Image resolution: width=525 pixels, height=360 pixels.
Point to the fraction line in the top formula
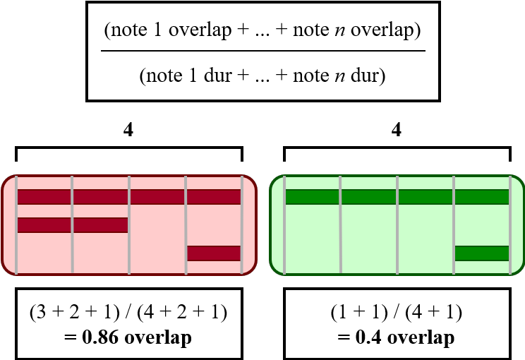pyautogui.click(x=262, y=51)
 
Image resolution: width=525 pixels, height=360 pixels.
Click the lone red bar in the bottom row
pyautogui.click(x=213, y=253)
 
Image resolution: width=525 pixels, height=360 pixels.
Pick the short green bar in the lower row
pyautogui.click(x=482, y=253)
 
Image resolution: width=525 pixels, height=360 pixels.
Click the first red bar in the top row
pyautogui.click(x=44, y=196)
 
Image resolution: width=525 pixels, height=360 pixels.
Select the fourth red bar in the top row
pyautogui.click(x=214, y=196)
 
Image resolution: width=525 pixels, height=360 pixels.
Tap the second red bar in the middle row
pyautogui.click(x=100, y=224)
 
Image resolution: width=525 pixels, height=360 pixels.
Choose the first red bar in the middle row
pyautogui.click(x=44, y=224)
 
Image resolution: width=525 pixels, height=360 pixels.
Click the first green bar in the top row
pyautogui.click(x=313, y=196)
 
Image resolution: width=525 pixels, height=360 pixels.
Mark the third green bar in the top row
pyautogui.click(x=426, y=196)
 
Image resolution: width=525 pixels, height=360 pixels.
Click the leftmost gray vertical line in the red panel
pyautogui.click(x=16, y=224)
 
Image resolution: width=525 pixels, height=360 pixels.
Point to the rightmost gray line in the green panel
pyautogui.click(x=509, y=224)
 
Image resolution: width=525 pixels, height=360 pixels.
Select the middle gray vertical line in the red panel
pyautogui.click(x=129, y=224)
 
